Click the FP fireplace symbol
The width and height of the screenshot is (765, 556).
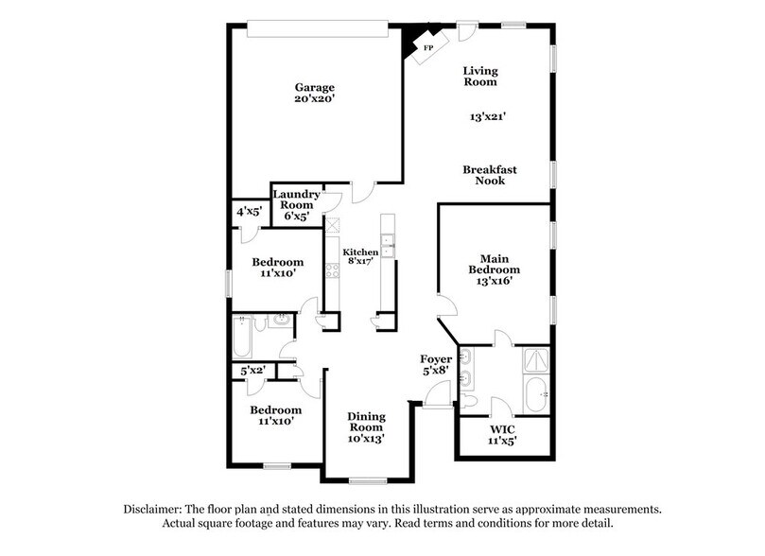tap(426, 46)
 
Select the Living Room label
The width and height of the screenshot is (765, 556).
tap(479, 77)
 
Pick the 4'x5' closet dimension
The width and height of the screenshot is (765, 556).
tap(249, 211)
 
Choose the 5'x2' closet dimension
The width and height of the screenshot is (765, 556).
tap(252, 371)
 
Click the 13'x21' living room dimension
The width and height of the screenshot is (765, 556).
tap(489, 118)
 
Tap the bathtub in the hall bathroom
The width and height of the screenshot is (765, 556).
tap(242, 336)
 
